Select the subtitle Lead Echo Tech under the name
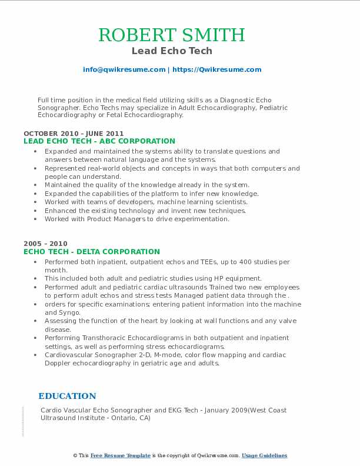point(172,51)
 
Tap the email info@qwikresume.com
point(124,69)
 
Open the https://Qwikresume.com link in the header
point(216,69)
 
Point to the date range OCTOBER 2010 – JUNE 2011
point(74,134)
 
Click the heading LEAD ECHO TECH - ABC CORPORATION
point(99,141)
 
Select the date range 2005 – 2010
point(45,244)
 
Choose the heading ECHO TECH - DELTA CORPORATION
point(92,251)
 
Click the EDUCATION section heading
point(67,396)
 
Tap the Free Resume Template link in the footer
point(121,455)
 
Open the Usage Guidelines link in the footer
point(264,455)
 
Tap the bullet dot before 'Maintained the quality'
point(36,185)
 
